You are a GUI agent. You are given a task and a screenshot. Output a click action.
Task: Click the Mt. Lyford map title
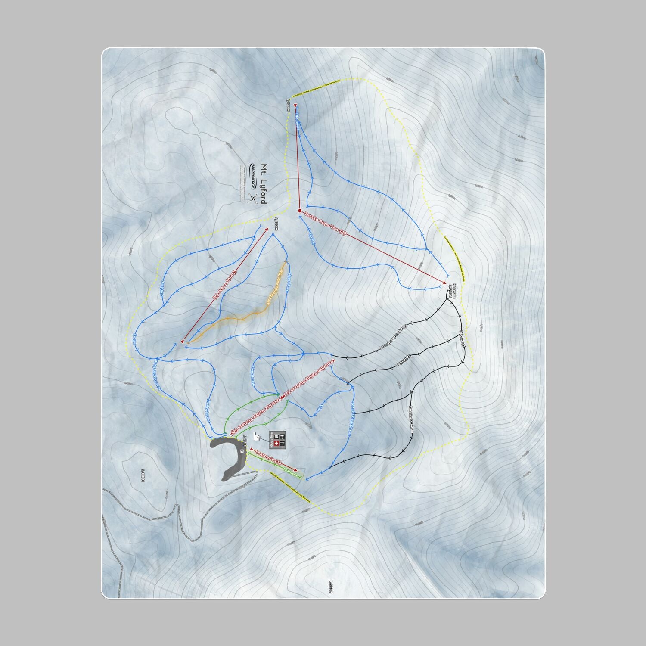click(x=263, y=184)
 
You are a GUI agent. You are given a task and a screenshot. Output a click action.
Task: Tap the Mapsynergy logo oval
click(x=253, y=176)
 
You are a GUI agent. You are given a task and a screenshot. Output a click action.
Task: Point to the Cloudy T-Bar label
click(x=224, y=285)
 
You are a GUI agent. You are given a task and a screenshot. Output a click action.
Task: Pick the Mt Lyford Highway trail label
click(x=156, y=375)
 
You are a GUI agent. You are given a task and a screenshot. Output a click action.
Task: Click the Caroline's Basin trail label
click(x=411, y=418)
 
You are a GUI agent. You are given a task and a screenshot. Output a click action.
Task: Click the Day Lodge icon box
click(x=278, y=439)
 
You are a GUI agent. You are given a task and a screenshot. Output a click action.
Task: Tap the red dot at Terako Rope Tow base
click(x=299, y=211)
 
